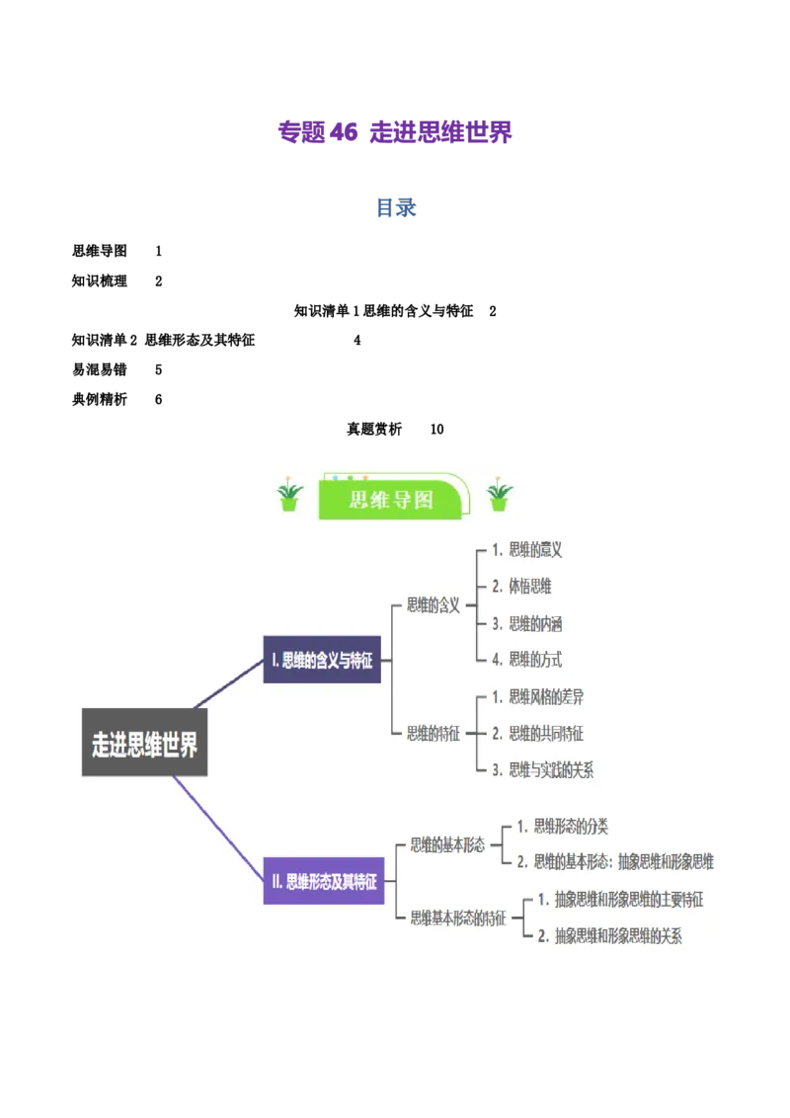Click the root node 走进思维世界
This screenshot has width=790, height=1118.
click(x=144, y=743)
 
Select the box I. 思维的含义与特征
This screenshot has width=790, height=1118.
click(x=322, y=661)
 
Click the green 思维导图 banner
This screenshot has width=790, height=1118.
click(x=392, y=499)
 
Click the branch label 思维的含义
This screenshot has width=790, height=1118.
click(x=434, y=605)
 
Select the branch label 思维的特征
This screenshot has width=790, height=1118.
click(x=434, y=733)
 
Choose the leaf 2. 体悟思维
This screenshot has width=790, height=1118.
click(x=521, y=587)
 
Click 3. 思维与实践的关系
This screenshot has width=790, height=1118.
click(x=542, y=770)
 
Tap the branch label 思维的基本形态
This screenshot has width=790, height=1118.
click(x=447, y=844)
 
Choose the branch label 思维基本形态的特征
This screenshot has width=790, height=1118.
click(x=458, y=918)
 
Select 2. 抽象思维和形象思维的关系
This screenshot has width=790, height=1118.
click(x=610, y=936)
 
